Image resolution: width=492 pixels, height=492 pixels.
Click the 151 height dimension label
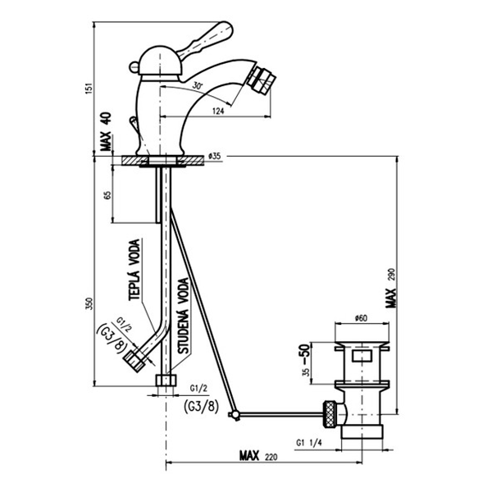pyautogui.click(x=89, y=89)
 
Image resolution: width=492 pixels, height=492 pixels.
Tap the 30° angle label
pyautogui.click(x=198, y=85)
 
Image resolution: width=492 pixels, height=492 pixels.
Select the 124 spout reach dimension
pyautogui.click(x=218, y=111)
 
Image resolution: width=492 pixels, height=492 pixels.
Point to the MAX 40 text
pyautogui.click(x=106, y=131)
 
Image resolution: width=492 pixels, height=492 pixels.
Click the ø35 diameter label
pyautogui.click(x=215, y=156)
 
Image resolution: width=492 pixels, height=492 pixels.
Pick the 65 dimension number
pyautogui.click(x=107, y=195)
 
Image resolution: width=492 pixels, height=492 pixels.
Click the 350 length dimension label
pyautogui.click(x=89, y=303)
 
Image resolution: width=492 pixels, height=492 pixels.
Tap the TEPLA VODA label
pyautogui.click(x=134, y=270)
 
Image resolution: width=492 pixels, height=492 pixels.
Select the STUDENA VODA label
pyautogui.click(x=184, y=316)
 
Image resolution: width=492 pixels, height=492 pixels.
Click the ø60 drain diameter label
pyautogui.click(x=361, y=318)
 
